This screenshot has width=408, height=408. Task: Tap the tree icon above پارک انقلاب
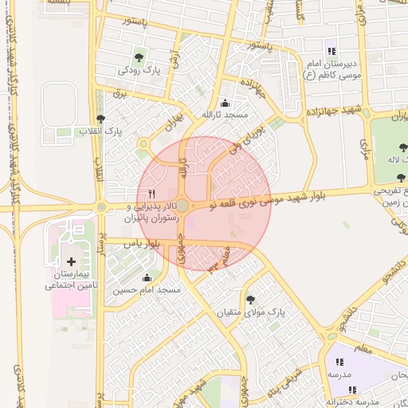100,118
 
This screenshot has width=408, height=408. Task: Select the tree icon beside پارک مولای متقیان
251,300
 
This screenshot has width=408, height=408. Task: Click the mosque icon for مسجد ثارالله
225,103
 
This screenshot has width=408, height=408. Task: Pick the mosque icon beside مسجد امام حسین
147,278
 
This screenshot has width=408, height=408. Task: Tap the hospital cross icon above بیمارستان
72,261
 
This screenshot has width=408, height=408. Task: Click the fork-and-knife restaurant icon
151,194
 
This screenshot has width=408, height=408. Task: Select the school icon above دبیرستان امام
331,50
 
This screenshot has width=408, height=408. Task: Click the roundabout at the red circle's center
182,206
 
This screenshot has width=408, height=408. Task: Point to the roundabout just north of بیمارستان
101,207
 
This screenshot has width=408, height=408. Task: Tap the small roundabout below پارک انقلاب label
143,143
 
